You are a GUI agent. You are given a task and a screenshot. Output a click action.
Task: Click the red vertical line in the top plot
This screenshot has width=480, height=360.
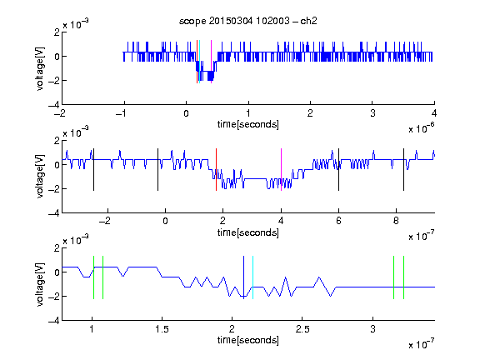(197, 62)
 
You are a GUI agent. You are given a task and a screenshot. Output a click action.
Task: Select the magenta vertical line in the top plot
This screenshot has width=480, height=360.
(211, 62)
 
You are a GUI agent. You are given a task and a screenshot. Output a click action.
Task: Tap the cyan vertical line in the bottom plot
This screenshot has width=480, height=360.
(252, 277)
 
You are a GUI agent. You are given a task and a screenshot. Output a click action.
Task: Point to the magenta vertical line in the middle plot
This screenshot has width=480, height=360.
(281, 170)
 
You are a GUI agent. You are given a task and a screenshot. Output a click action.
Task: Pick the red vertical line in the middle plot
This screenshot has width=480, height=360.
(216, 170)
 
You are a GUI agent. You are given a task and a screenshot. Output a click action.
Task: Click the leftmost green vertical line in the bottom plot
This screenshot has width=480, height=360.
(93, 277)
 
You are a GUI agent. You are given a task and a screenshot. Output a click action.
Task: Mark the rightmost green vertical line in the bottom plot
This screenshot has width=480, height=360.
(404, 277)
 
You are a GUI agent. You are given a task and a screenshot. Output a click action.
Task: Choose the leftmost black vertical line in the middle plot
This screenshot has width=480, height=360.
(93, 170)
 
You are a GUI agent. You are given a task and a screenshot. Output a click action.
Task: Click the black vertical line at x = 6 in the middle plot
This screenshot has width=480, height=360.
(338, 170)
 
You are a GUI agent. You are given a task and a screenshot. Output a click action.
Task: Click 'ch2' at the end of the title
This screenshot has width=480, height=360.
(308, 21)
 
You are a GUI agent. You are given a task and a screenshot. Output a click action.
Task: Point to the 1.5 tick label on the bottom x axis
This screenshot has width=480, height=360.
(162, 329)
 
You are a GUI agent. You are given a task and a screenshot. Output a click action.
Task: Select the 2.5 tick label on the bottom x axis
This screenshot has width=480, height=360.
(302, 329)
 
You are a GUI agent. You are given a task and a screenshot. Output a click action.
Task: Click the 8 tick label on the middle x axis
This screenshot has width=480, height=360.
(396, 221)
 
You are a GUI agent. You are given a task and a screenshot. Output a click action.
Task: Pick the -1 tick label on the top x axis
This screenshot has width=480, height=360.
(121, 113)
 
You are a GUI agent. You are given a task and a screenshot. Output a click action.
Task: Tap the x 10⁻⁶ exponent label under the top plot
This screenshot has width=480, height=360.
(422, 128)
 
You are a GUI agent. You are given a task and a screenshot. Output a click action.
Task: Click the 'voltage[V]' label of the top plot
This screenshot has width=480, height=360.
(40, 68)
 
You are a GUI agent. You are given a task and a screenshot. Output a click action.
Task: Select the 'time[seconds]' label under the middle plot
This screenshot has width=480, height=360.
(248, 232)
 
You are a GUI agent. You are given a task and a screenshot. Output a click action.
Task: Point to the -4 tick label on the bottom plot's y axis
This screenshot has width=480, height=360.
(54, 321)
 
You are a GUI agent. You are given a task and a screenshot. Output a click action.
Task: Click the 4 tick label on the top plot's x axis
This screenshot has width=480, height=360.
(434, 113)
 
